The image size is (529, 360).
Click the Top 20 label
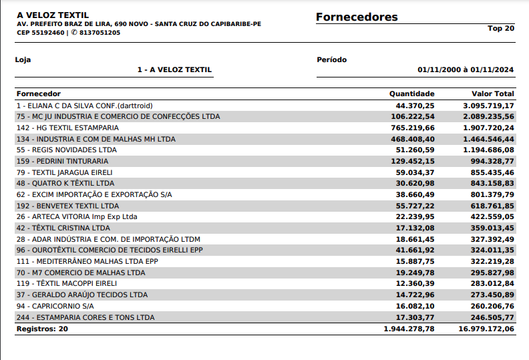(501, 28)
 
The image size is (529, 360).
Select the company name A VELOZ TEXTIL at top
(53, 15)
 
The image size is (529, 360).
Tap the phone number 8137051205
(100, 32)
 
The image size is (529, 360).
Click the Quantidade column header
(411, 94)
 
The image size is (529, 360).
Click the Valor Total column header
(492, 94)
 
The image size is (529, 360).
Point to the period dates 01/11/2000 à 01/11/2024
(465, 69)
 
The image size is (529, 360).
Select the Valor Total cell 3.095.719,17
(488, 106)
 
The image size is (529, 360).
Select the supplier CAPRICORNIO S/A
(56, 306)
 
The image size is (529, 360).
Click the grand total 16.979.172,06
(486, 329)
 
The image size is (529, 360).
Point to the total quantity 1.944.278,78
(409, 329)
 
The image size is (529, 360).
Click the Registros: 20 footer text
(42, 329)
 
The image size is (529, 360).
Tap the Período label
(331, 59)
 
